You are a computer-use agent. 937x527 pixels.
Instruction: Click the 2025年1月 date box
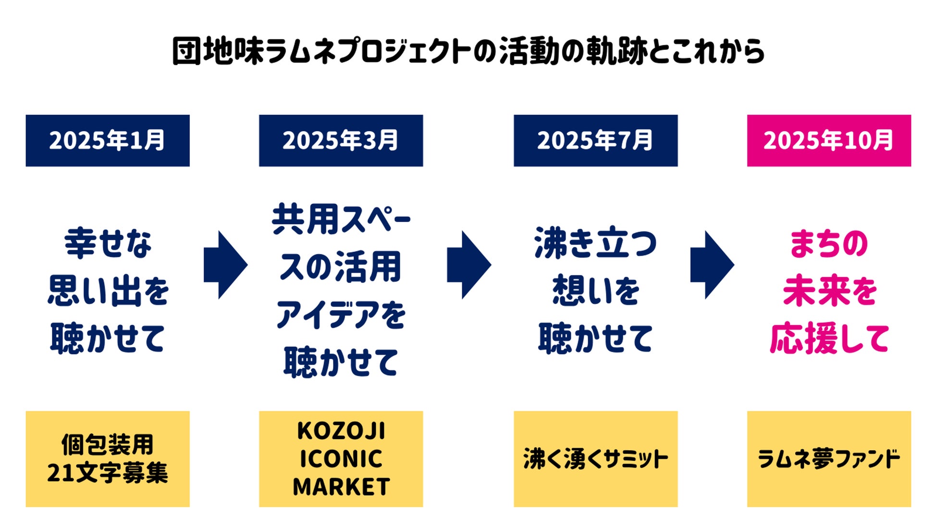click(108, 141)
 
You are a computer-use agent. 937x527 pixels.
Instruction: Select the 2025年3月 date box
click(341, 141)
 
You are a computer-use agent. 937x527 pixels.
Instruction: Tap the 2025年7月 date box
click(595, 141)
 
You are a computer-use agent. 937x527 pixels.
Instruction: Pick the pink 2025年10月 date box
click(829, 141)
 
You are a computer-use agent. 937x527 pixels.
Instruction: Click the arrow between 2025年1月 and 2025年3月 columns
click(225, 265)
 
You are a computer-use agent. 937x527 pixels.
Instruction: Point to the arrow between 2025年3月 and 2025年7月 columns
click(468, 265)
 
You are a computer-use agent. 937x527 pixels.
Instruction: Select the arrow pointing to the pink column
click(712, 265)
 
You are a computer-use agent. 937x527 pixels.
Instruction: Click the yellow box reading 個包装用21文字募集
click(108, 459)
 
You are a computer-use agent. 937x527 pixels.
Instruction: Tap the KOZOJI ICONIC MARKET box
click(341, 459)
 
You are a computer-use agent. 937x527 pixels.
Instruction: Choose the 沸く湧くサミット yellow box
click(595, 459)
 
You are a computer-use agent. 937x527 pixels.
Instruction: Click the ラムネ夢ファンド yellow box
click(829, 459)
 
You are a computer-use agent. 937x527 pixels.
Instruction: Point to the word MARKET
click(341, 487)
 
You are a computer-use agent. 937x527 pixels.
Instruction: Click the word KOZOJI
click(341, 431)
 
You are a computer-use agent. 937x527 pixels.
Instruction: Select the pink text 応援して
click(829, 339)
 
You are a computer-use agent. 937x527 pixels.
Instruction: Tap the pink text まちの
click(829, 244)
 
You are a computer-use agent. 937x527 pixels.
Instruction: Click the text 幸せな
click(108, 244)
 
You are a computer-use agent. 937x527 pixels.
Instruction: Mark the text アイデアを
click(341, 315)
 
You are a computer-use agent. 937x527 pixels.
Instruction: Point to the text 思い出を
click(108, 291)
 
